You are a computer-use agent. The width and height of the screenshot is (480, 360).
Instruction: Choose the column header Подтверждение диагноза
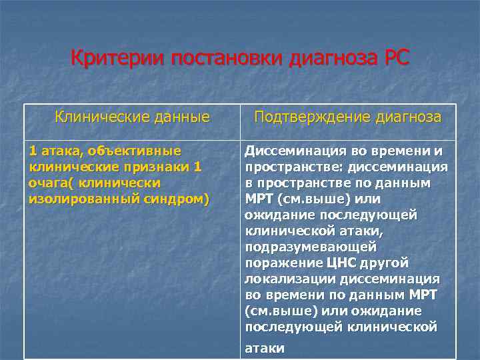[347, 117]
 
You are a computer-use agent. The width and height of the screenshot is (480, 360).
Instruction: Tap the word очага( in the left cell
[51, 182]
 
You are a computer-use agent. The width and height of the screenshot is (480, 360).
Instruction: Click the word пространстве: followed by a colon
[287, 166]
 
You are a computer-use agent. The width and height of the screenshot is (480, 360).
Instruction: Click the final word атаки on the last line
[265, 348]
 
